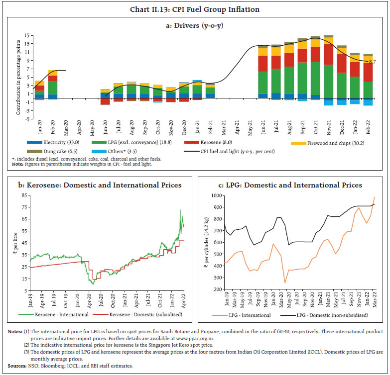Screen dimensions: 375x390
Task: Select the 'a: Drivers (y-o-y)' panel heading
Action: tap(195, 24)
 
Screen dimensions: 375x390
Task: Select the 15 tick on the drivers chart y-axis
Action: tap(28, 36)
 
